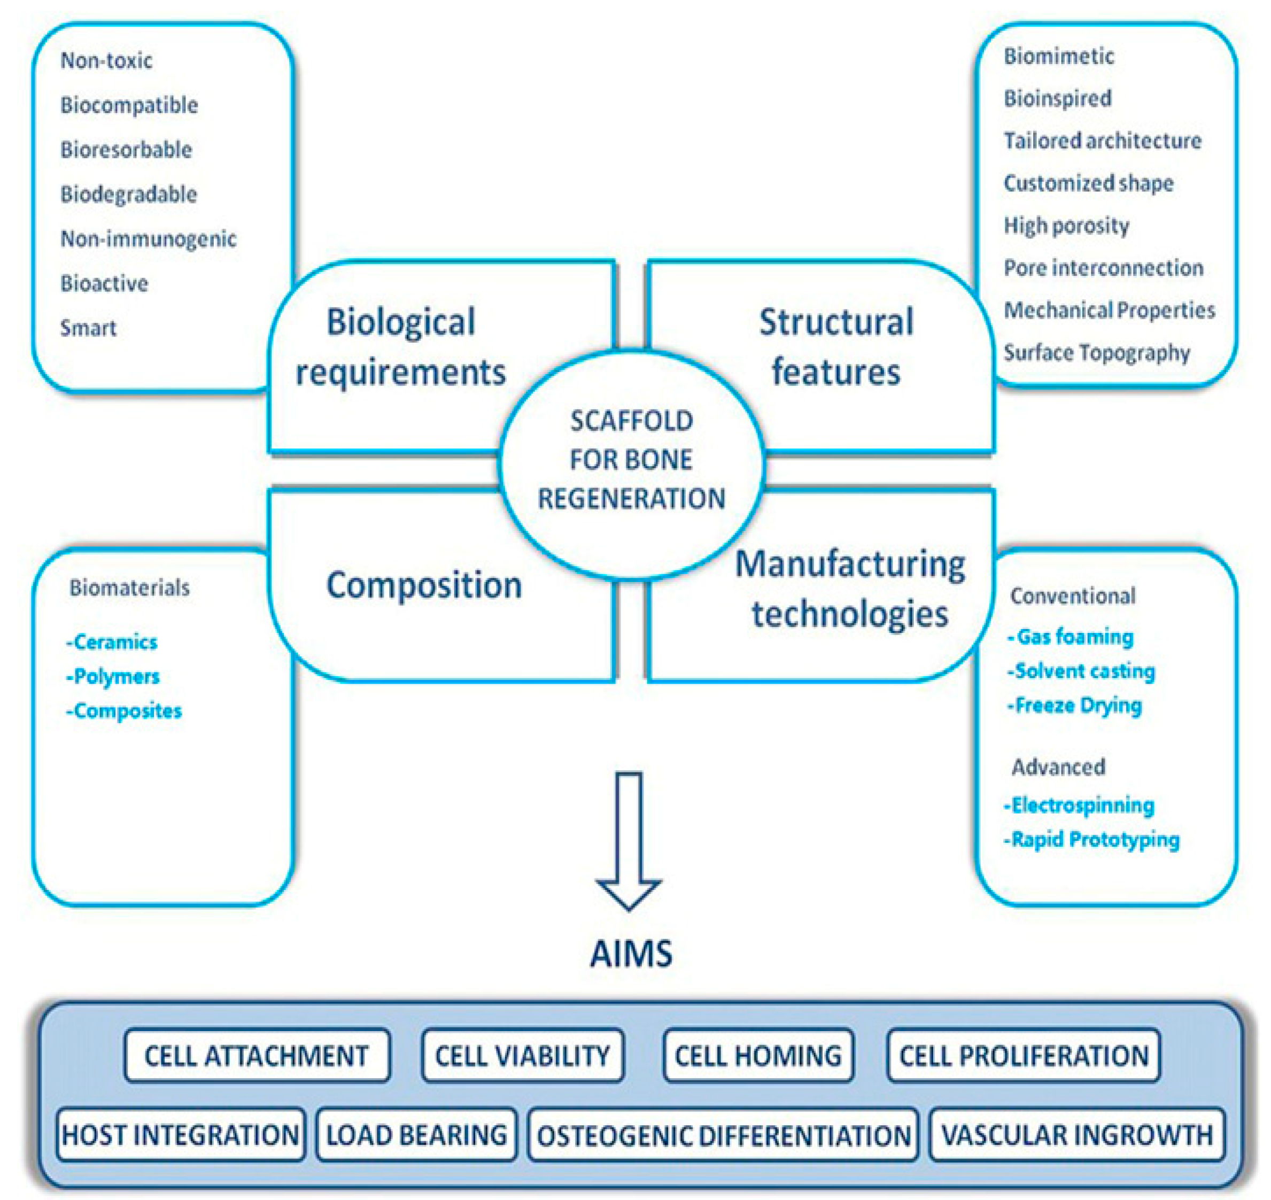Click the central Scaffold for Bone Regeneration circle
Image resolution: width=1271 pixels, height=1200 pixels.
(x=631, y=461)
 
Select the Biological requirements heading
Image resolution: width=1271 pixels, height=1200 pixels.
(x=400, y=347)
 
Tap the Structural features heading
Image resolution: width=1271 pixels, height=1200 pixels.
(x=836, y=347)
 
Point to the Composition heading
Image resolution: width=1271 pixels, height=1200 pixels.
(x=424, y=585)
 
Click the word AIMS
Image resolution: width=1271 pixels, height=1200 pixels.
(x=631, y=954)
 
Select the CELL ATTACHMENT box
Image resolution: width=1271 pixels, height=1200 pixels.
(x=257, y=1056)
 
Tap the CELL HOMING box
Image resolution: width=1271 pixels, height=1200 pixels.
(x=758, y=1056)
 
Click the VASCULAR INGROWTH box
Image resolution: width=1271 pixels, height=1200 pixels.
(x=1077, y=1135)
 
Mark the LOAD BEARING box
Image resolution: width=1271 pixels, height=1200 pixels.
(x=416, y=1135)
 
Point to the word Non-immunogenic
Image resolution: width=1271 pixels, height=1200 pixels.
(x=149, y=238)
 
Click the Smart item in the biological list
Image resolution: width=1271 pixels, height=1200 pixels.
(x=88, y=328)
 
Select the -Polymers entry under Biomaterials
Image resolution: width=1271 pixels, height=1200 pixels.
(x=113, y=676)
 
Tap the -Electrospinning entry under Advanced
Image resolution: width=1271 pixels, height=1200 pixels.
(x=1080, y=806)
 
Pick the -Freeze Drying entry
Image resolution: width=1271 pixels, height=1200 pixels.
(x=1075, y=706)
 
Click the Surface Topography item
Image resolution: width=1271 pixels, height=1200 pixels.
(x=1096, y=352)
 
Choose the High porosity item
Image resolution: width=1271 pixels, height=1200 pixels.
(x=1066, y=225)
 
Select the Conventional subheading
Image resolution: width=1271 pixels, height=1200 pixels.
(x=1073, y=595)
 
